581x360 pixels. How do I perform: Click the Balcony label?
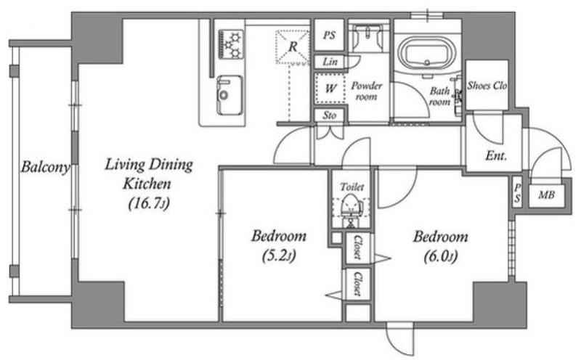click(x=45, y=167)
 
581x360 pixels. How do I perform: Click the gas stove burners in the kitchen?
click(x=231, y=45)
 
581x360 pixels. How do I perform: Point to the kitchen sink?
click(x=229, y=95)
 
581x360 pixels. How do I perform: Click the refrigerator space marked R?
click(x=293, y=47)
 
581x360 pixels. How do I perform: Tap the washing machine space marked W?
click(x=330, y=88)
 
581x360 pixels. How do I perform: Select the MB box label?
click(x=547, y=195)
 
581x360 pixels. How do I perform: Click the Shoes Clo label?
click(x=487, y=86)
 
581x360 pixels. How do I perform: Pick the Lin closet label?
click(x=330, y=62)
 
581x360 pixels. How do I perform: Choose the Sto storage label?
click(x=330, y=115)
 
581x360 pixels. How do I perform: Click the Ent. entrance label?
click(x=496, y=155)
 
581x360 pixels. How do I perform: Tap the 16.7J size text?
click(x=149, y=203)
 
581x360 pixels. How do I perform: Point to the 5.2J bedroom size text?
click(x=279, y=255)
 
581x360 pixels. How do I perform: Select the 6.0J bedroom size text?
click(x=441, y=256)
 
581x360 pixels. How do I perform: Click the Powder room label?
click(x=367, y=91)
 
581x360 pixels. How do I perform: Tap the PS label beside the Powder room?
click(x=330, y=35)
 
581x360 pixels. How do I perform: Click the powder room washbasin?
click(x=367, y=37)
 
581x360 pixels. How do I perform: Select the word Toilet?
click(x=352, y=187)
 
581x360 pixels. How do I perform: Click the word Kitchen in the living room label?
click(x=147, y=184)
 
